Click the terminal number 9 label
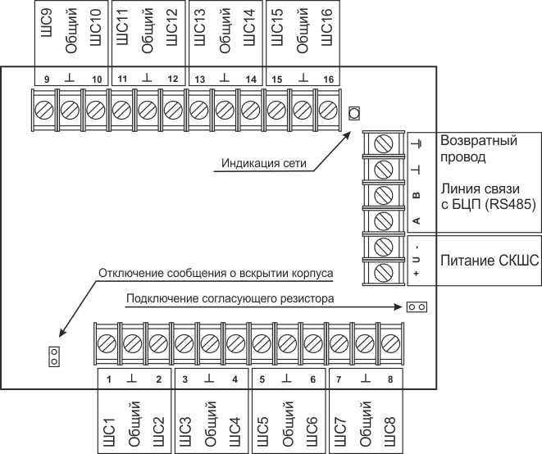[x=46, y=79]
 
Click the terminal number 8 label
[x=391, y=379]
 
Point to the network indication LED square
[x=354, y=112]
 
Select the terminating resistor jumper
[x=417, y=307]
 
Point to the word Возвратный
[x=479, y=140]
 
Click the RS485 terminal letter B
[x=416, y=196]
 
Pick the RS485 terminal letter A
[x=416, y=220]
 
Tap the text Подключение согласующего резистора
[x=230, y=299]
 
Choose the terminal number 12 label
[x=173, y=79]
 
